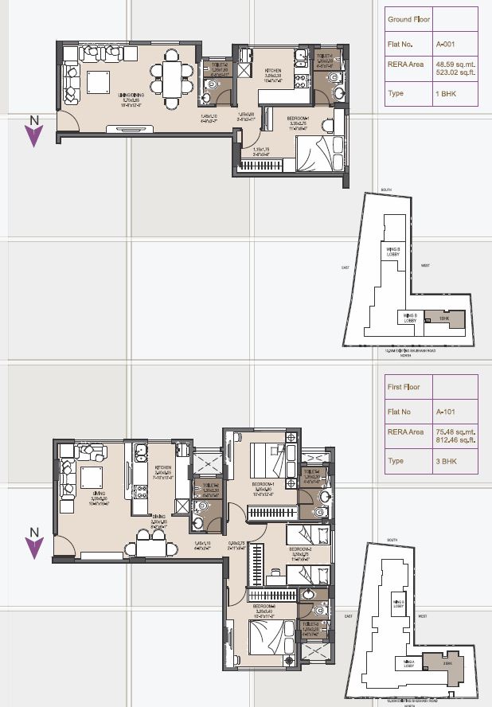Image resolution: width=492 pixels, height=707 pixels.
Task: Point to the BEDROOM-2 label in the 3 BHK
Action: [300, 549]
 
